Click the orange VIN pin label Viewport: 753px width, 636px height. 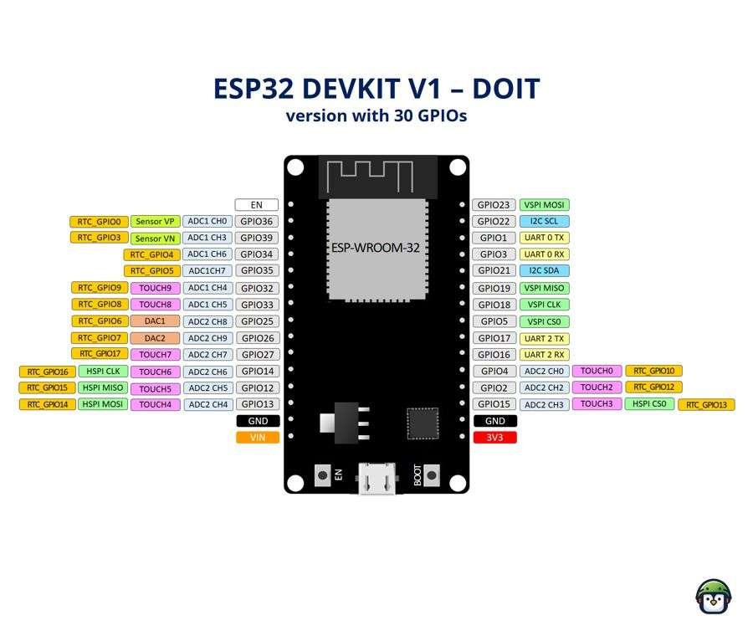coord(258,438)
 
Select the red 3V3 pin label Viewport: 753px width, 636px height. coord(494,438)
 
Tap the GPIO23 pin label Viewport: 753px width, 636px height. coord(494,205)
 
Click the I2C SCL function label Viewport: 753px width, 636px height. coord(544,222)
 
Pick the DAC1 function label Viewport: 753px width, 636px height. coord(155,321)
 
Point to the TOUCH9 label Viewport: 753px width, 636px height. coord(155,288)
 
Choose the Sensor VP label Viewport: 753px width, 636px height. coord(155,222)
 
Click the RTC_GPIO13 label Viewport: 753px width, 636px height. coord(706,405)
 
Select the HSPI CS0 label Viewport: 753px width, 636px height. coord(649,404)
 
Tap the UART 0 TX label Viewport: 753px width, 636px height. coord(544,238)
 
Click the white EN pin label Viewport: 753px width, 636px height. coord(257,205)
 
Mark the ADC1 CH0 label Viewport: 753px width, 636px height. coord(207,222)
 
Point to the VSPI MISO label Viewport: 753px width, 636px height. coord(544,288)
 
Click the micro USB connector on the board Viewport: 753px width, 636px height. coord(377,479)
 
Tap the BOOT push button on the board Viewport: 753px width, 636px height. coord(431,475)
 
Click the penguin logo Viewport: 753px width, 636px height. coord(714,597)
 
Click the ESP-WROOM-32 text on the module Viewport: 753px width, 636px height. coord(376,248)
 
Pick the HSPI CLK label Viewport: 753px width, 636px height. coord(103,372)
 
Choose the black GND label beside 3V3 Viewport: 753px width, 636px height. coord(495,421)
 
